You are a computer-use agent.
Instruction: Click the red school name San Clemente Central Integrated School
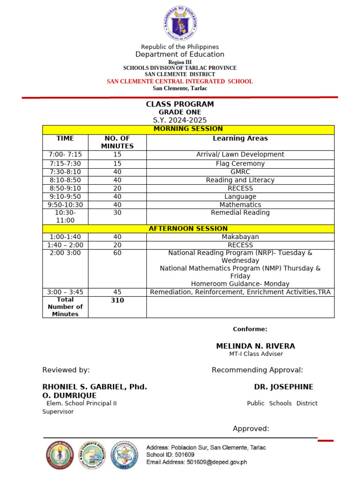coord(180,82)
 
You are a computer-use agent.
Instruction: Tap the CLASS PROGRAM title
coord(180,104)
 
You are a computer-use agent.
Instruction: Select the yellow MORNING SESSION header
coord(188,129)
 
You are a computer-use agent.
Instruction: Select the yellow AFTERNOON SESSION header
coord(188,229)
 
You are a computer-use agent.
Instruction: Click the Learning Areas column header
coord(240,138)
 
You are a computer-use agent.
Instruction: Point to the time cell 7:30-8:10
coord(65,172)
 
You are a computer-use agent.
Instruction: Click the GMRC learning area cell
coord(240,172)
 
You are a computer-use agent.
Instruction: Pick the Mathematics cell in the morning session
coord(240,205)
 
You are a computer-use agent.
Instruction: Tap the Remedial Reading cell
coord(240,213)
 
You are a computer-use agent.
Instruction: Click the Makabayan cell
coord(240,237)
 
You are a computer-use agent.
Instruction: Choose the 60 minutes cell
coord(117,253)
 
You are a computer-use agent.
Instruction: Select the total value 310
coord(117,300)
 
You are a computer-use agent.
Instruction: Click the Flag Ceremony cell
coord(240,164)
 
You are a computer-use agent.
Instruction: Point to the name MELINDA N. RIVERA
coord(255,346)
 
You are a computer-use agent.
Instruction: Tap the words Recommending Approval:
coord(257,370)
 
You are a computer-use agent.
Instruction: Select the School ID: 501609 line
coord(170,455)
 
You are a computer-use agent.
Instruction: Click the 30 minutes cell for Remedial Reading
coord(117,213)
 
